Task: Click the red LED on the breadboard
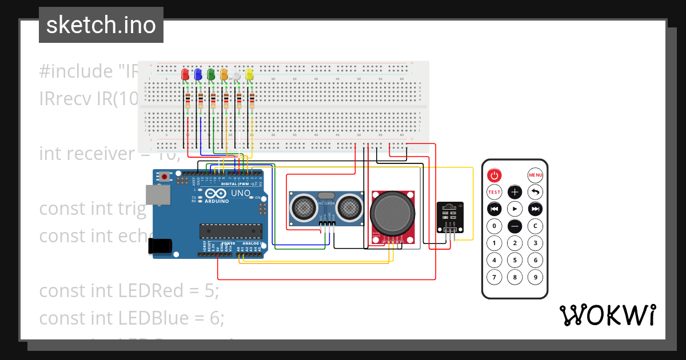(x=185, y=75)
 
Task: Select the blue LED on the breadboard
(x=198, y=75)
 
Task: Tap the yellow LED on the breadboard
(x=249, y=75)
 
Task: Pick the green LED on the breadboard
(x=211, y=75)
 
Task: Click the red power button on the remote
(x=494, y=175)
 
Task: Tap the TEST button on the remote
(x=494, y=192)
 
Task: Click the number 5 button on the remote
(x=515, y=261)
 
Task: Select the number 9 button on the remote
(x=535, y=278)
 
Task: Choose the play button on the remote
(x=515, y=209)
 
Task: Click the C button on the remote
(x=535, y=226)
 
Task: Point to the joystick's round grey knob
(x=392, y=212)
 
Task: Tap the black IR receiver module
(x=448, y=216)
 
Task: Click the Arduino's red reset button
(x=165, y=177)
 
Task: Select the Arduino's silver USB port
(x=155, y=195)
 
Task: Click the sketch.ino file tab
(x=101, y=25)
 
